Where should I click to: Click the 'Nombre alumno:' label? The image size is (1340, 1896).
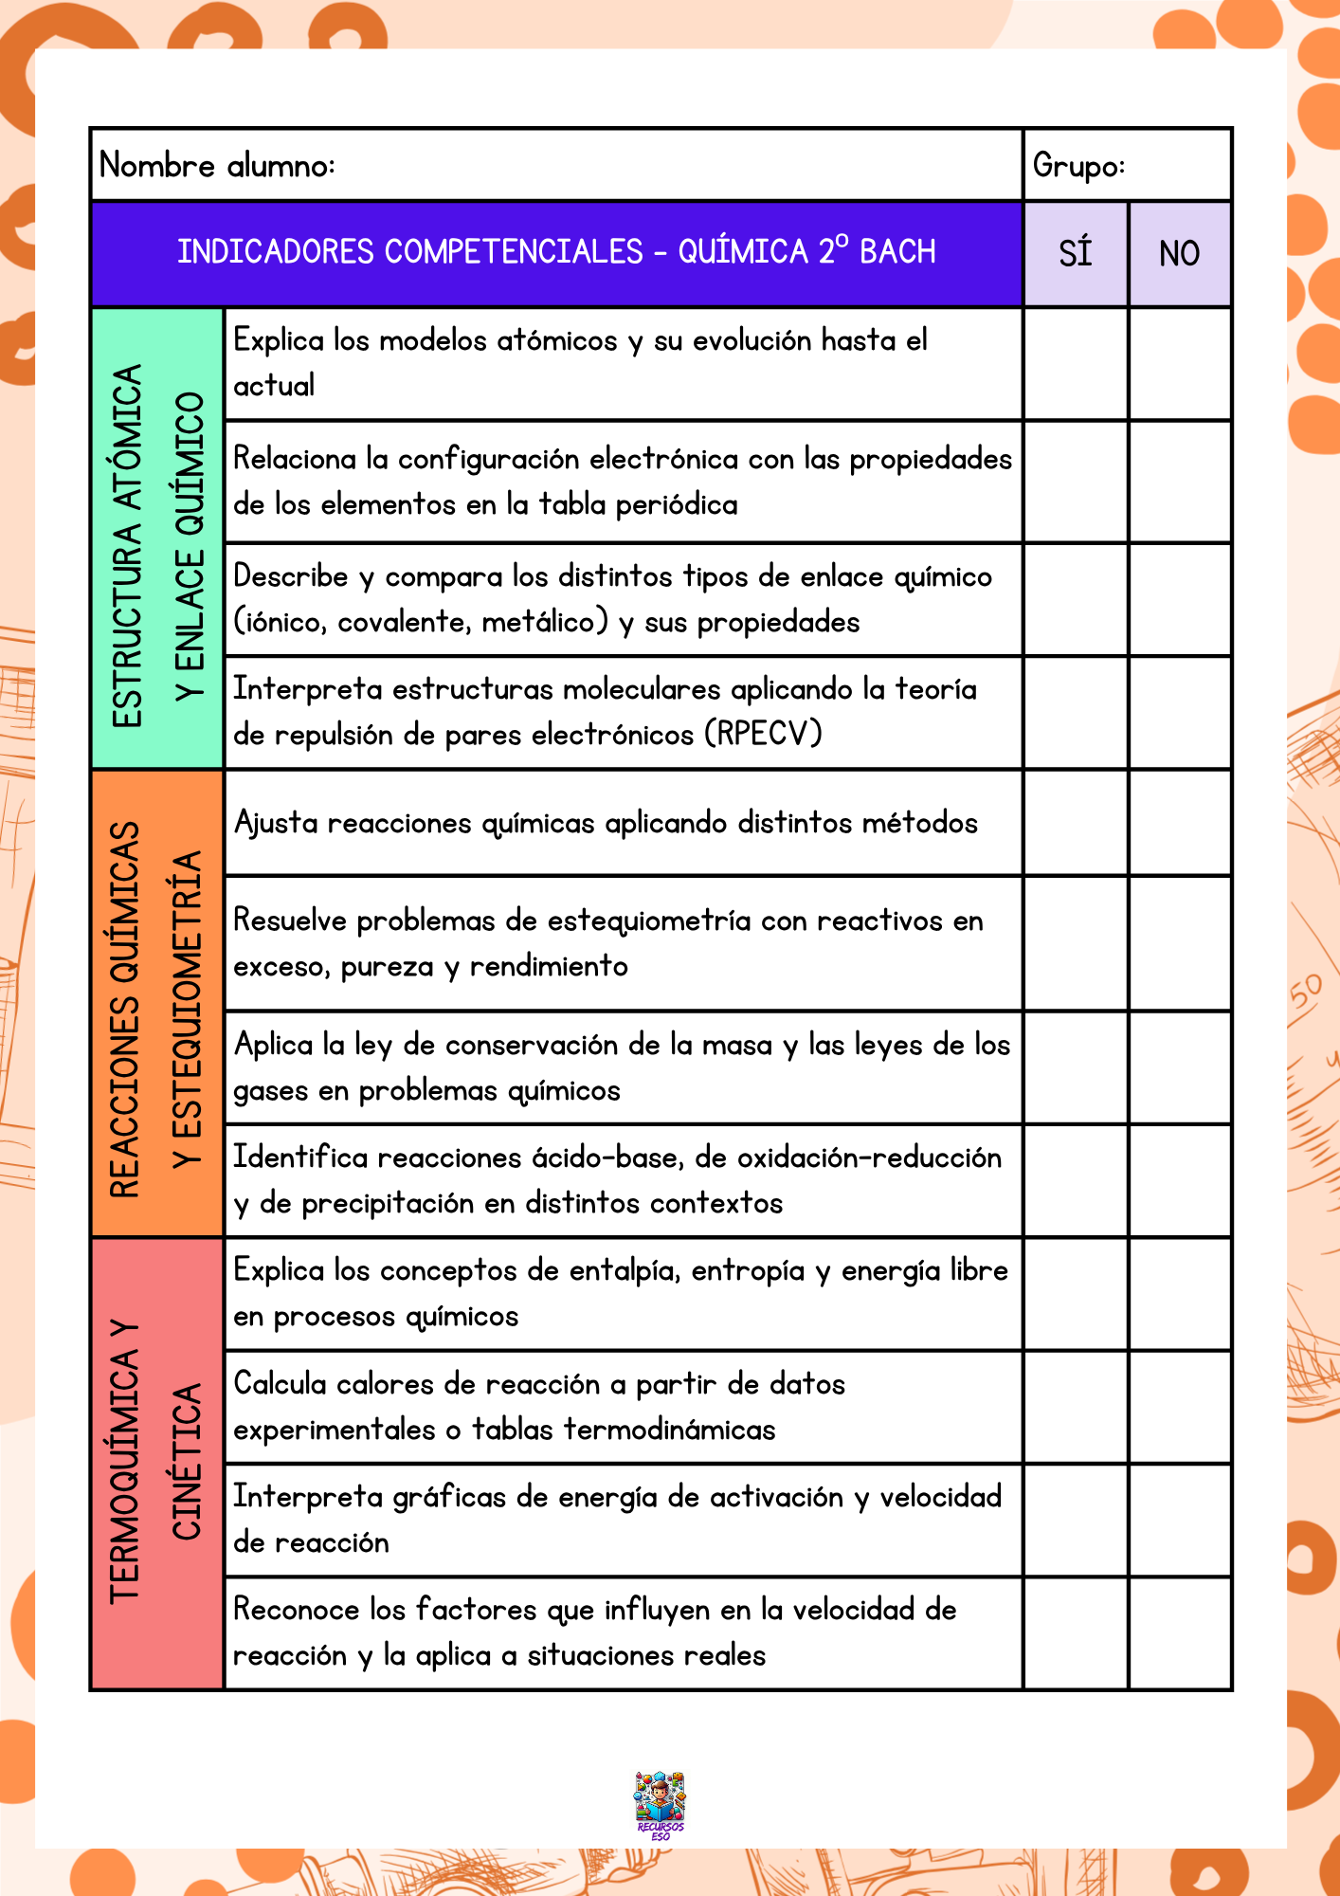pyautogui.click(x=217, y=166)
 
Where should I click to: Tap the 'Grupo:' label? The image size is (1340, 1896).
pyautogui.click(x=1078, y=166)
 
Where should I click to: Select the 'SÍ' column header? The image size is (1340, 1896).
pyautogui.click(x=1076, y=254)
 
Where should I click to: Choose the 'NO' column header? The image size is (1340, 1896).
pyautogui.click(x=1180, y=254)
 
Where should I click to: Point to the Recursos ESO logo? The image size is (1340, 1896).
pyautogui.click(x=660, y=1805)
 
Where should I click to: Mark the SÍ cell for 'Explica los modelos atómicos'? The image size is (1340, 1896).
pyautogui.click(x=1076, y=364)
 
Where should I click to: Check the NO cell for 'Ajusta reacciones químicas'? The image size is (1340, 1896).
pyautogui.click(x=1180, y=823)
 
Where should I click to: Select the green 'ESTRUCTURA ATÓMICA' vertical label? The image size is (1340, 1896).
pyautogui.click(x=127, y=546)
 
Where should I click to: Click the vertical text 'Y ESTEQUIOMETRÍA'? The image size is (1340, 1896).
pyautogui.click(x=188, y=1010)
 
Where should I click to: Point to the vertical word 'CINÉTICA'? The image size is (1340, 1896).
pyautogui.click(x=187, y=1462)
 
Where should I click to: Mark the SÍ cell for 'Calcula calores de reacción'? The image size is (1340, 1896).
pyautogui.click(x=1076, y=1408)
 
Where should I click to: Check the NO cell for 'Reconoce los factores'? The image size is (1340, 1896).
pyautogui.click(x=1180, y=1633)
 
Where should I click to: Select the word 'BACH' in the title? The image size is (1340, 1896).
pyautogui.click(x=897, y=252)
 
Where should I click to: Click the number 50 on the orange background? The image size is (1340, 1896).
pyautogui.click(x=1305, y=993)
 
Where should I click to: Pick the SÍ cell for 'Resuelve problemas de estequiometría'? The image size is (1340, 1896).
pyautogui.click(x=1076, y=944)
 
